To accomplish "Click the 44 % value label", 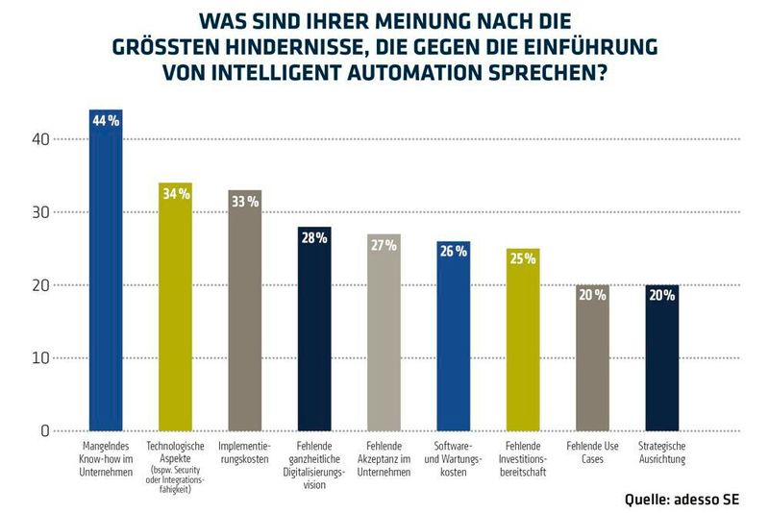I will [x=106, y=121].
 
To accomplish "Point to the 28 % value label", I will [x=314, y=238].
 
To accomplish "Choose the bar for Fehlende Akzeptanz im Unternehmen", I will [x=384, y=336].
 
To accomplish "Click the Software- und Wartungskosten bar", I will [x=453, y=341].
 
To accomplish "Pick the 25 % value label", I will [x=523, y=259].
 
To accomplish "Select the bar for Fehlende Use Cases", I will [x=592, y=360].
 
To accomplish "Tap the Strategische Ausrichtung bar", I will [x=661, y=360].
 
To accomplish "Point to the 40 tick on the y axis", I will [x=38, y=139].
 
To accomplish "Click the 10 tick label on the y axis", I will [x=38, y=358].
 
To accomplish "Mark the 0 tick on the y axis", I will [x=44, y=431].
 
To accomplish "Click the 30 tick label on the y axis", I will [x=38, y=212].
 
